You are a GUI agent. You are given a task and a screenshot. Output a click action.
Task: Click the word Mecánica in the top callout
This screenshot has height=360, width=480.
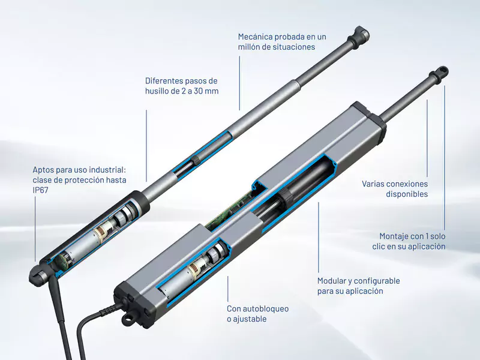point(255,37)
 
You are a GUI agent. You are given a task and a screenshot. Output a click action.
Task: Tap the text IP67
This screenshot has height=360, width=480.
point(40,190)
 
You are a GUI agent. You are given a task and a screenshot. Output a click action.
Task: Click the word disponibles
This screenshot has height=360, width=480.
point(407,194)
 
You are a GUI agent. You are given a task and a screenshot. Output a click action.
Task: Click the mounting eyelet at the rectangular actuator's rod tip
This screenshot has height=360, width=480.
point(441,73)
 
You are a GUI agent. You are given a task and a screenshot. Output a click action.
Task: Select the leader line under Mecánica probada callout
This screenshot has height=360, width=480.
point(239,83)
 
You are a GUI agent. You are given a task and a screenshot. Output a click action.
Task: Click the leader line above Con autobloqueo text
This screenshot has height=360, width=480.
point(227,289)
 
